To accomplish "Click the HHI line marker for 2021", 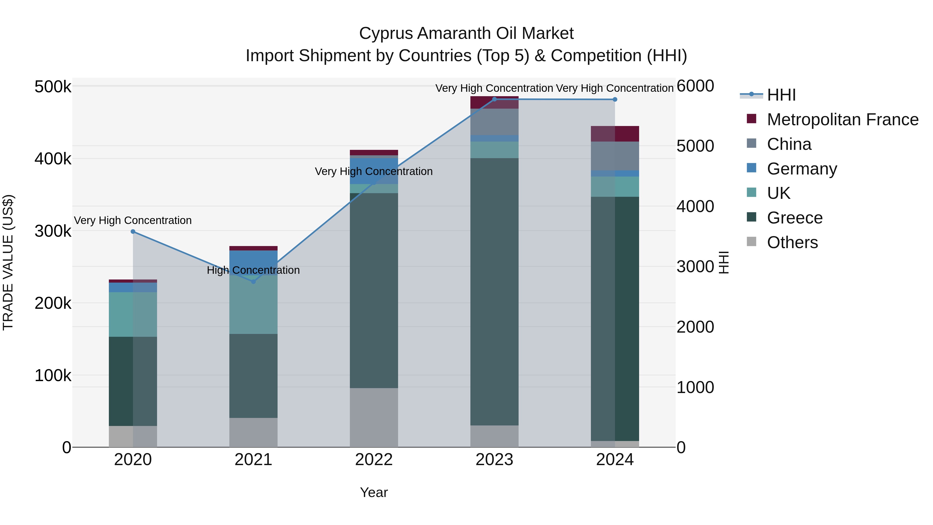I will (253, 282).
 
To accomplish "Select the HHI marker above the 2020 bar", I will (133, 232).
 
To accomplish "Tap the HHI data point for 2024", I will (615, 99).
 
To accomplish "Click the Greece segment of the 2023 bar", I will (494, 292).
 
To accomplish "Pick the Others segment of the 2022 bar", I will (374, 417).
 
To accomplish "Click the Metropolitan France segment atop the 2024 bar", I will (615, 134).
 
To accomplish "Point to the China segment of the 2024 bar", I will (615, 156).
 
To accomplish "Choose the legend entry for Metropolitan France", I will (843, 120).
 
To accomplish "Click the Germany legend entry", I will (802, 169).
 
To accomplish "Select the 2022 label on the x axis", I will (374, 460).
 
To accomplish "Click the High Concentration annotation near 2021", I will (253, 270).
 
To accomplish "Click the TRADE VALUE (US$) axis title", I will (8, 262).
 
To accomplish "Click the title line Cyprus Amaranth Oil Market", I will (466, 33).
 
